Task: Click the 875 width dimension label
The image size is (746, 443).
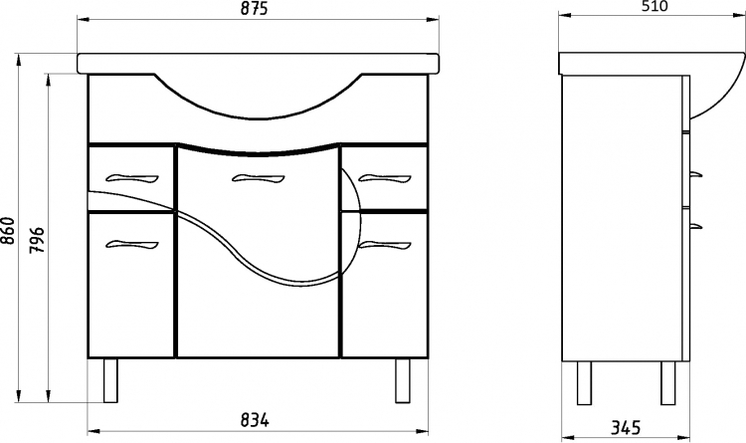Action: click(254, 9)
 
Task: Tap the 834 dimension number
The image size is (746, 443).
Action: click(255, 420)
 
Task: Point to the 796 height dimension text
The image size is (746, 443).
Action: click(37, 240)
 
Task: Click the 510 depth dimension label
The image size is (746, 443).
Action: click(653, 6)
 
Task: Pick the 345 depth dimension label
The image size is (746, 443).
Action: click(626, 427)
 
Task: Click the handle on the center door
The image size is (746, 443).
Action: click(258, 178)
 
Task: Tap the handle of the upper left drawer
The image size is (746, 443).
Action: click(131, 178)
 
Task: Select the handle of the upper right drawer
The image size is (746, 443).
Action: click(384, 178)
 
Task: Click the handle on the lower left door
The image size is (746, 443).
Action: click(131, 244)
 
